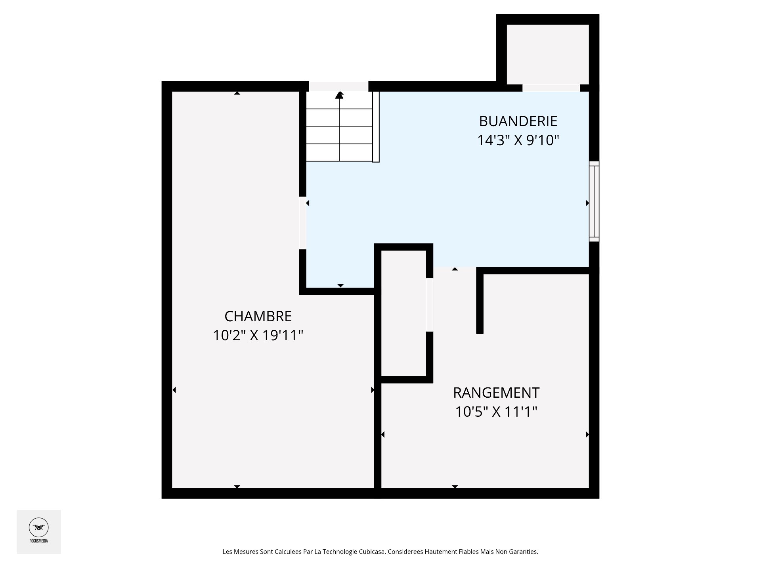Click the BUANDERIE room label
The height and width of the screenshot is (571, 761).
[x=518, y=121]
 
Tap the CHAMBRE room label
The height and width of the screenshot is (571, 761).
[x=258, y=316]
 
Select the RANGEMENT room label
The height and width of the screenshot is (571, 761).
[x=496, y=393]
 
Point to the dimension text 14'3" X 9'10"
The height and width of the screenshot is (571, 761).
[x=518, y=140]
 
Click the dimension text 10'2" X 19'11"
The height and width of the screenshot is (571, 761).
[x=258, y=336]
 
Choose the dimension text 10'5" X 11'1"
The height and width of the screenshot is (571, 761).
[x=496, y=412]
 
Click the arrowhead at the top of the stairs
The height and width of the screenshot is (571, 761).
[x=339, y=95]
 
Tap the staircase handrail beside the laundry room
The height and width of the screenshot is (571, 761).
[x=376, y=127]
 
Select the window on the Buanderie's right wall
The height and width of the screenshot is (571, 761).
[x=594, y=201]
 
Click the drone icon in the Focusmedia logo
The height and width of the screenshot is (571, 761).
[x=39, y=528]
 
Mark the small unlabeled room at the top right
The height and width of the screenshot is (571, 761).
[x=548, y=54]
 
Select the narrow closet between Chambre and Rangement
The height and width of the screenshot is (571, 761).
[x=403, y=313]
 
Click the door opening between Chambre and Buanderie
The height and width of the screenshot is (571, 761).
[x=302, y=223]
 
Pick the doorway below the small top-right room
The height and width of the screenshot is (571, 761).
[x=551, y=88]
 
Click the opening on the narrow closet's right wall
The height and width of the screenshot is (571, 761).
[x=430, y=305]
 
